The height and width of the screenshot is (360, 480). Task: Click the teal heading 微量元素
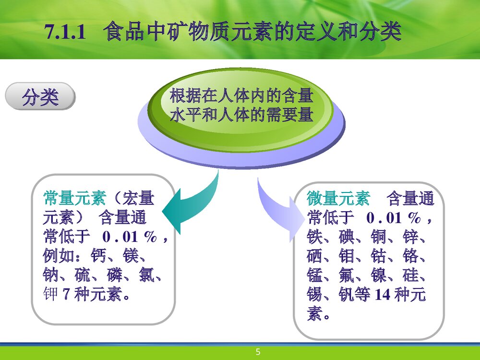tap(338, 198)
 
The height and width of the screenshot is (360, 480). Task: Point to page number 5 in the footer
tap(258, 352)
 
